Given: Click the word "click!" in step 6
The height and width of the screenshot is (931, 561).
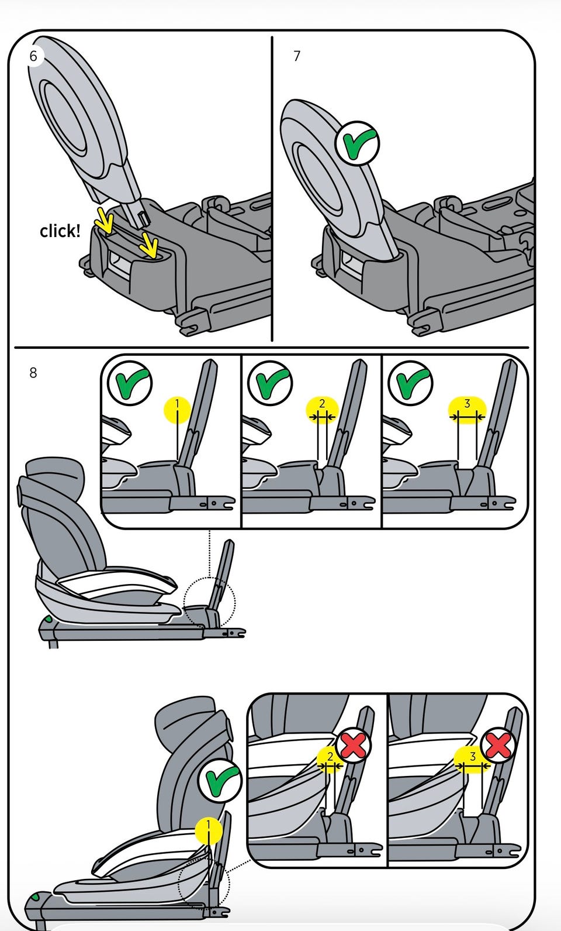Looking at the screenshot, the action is click(60, 231).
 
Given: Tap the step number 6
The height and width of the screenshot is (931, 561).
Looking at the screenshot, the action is click(33, 56).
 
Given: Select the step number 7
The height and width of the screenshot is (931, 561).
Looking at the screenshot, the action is click(297, 56).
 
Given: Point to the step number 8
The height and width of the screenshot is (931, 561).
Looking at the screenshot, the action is click(33, 373).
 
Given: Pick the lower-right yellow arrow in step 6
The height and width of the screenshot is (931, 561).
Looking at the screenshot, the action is click(148, 245).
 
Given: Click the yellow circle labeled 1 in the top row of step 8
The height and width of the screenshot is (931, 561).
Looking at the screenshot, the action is click(178, 410).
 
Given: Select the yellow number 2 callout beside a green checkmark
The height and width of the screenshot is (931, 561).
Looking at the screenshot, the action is click(323, 410).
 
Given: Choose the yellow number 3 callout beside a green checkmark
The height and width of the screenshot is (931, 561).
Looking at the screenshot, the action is click(467, 410).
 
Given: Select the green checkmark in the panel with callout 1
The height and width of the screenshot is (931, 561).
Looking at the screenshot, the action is click(130, 383).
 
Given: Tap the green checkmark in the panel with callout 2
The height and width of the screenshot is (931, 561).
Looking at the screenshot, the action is click(270, 383).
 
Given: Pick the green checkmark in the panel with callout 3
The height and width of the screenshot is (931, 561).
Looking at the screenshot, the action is click(410, 383).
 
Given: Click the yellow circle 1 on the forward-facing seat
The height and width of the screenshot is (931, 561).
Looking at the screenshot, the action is click(208, 831).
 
